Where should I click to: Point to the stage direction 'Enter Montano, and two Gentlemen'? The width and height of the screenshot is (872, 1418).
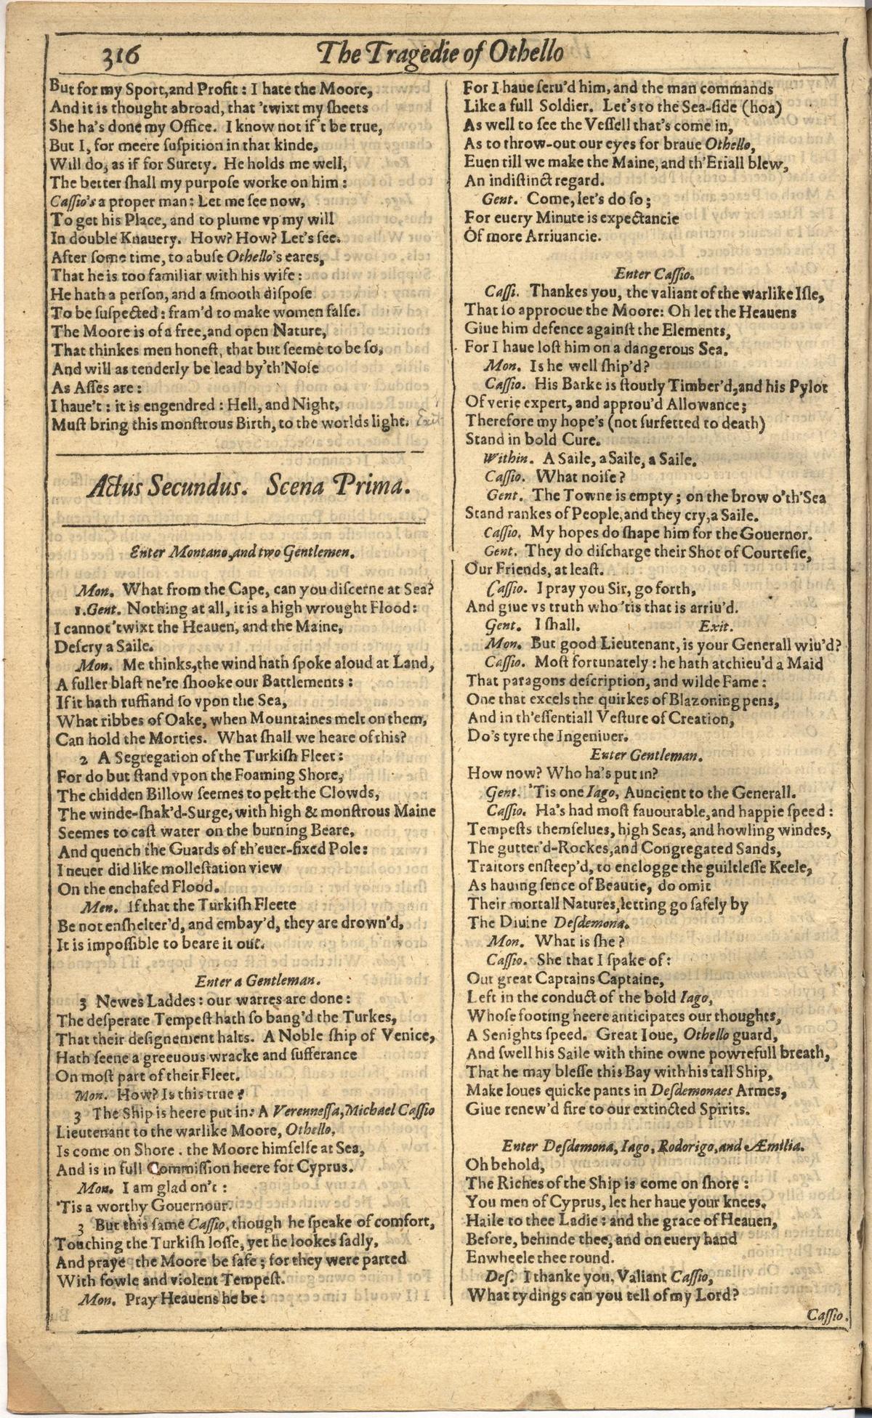[246, 552]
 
